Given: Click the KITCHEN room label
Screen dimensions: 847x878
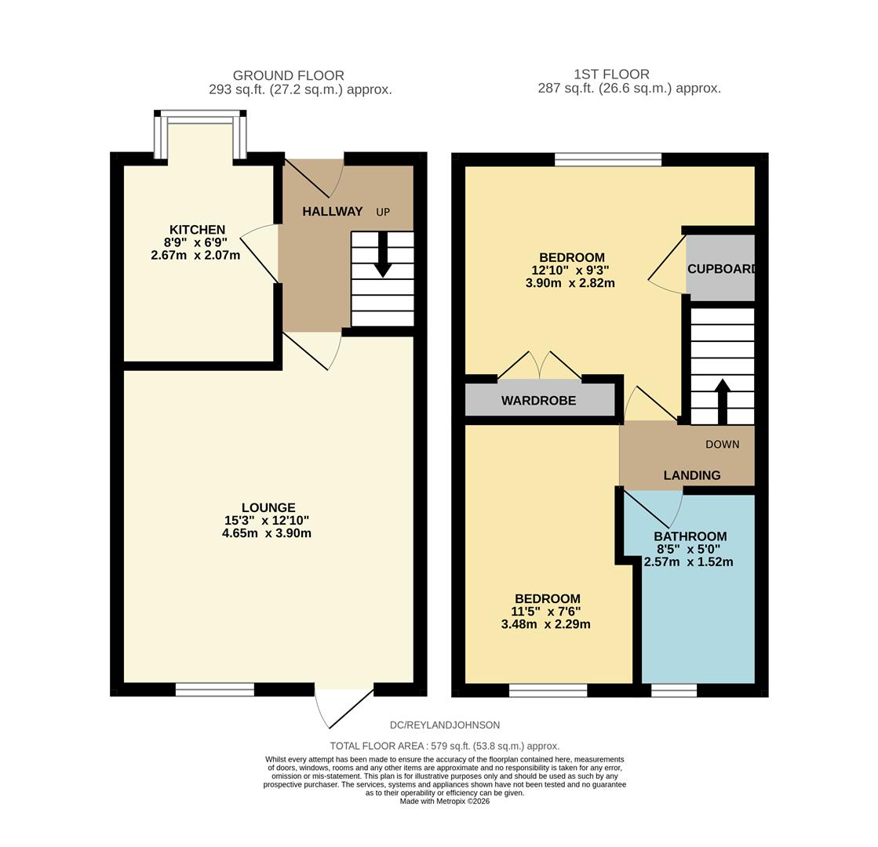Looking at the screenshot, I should click(x=197, y=230).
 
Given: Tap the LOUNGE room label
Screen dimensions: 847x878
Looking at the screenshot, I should click(x=268, y=507).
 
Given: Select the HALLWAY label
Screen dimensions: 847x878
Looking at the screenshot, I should click(x=333, y=212).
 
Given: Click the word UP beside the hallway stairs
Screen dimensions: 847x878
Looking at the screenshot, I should click(x=383, y=213).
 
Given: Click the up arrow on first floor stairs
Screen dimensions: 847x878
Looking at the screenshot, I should click(x=723, y=400).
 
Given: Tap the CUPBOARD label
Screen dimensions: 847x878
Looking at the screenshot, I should click(x=721, y=269).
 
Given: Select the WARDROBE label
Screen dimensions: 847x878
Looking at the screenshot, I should click(x=538, y=401).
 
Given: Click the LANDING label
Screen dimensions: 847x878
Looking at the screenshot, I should click(x=692, y=475).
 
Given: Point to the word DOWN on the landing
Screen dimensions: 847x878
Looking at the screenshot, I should click(x=722, y=445).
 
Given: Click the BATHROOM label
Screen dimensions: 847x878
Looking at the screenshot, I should click(x=690, y=536).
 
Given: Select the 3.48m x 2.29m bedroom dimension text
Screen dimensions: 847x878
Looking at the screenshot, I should click(x=545, y=624).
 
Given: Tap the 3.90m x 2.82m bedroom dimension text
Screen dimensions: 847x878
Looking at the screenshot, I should click(x=570, y=283).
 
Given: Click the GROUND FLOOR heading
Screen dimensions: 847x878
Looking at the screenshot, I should click(x=288, y=75).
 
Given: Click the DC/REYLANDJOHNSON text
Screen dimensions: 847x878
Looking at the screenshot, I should click(x=444, y=725).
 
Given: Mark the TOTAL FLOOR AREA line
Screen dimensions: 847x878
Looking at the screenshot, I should click(x=444, y=746).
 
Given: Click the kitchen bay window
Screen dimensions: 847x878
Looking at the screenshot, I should click(x=200, y=118).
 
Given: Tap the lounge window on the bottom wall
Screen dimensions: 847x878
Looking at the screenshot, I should click(x=214, y=690).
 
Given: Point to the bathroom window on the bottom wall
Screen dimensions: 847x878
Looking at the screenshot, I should click(x=674, y=690).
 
